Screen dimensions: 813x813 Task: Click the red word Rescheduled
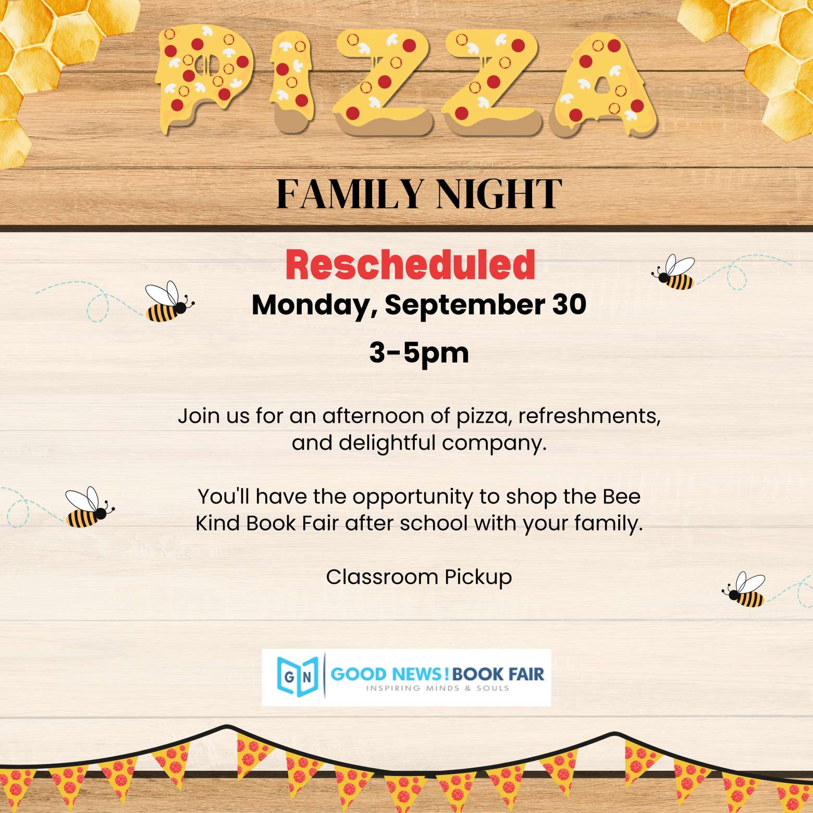410,265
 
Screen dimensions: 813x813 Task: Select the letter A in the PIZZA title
604,83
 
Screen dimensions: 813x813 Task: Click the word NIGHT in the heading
499,194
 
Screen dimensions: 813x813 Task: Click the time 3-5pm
419,353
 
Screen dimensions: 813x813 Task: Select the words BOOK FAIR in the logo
498,674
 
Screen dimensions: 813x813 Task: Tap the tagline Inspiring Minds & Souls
437,688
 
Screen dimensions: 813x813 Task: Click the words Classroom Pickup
419,577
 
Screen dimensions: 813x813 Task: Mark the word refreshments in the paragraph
589,416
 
